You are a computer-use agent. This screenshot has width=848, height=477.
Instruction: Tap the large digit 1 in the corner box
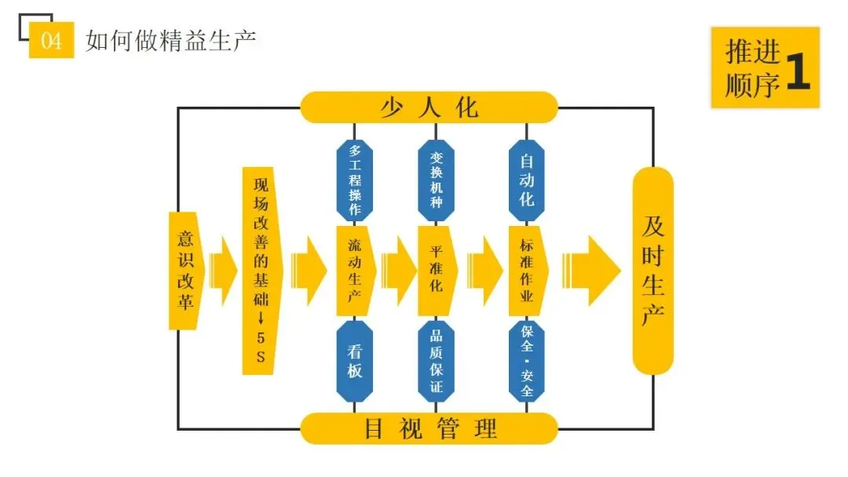[x=795, y=68]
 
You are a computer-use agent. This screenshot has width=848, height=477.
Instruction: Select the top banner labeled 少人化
[x=429, y=107]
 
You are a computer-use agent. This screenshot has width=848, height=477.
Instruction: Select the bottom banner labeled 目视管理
[x=429, y=428]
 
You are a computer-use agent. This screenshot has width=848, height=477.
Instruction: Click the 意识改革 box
[x=185, y=269]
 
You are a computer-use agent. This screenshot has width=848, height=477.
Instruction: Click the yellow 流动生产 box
[x=355, y=269]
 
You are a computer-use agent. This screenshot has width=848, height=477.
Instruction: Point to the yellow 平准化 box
[x=437, y=269]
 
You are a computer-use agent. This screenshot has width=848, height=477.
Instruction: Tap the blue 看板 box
[x=354, y=360]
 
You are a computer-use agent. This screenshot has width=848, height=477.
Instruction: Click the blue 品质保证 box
[x=437, y=360]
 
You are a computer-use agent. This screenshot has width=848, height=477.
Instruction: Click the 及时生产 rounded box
[x=652, y=270]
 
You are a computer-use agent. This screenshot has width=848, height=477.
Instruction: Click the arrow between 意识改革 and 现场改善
[x=222, y=270]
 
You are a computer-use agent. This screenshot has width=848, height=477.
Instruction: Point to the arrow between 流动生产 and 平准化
[x=398, y=270]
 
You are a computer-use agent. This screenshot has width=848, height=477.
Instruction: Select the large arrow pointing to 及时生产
[x=593, y=270]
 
